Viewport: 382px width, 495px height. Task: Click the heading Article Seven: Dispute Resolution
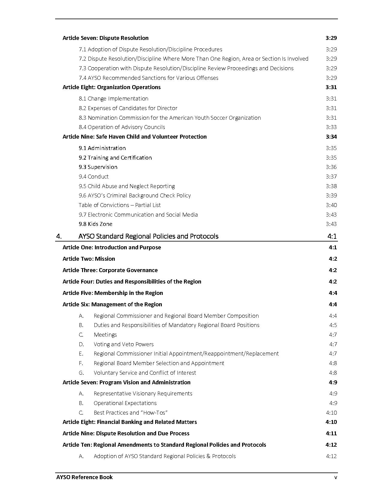click(105, 38)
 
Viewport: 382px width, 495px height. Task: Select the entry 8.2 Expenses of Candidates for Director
click(128, 108)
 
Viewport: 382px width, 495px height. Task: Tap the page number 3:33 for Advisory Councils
click(331, 127)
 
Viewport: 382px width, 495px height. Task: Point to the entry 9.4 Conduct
click(93, 177)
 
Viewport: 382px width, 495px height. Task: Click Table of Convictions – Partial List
click(120, 205)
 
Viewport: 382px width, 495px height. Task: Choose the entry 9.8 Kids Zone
click(96, 224)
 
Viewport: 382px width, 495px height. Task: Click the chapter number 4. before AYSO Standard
click(59, 236)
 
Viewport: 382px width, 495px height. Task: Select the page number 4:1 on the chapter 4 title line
click(332, 236)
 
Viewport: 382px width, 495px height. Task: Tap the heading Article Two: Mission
click(89, 259)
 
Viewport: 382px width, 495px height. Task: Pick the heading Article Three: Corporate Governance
click(110, 270)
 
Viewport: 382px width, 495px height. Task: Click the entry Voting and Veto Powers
click(123, 344)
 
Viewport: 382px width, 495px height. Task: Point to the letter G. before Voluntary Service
click(81, 373)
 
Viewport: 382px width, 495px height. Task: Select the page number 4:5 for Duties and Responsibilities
click(333, 325)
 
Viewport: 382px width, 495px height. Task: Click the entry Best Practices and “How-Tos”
click(130, 413)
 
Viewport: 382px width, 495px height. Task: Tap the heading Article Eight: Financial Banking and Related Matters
click(130, 422)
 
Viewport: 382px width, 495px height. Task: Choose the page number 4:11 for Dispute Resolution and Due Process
click(331, 433)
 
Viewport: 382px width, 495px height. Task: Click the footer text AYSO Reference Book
click(84, 477)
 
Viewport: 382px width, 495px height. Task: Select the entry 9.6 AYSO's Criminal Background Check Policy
click(135, 196)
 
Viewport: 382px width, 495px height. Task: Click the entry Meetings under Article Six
click(105, 335)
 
